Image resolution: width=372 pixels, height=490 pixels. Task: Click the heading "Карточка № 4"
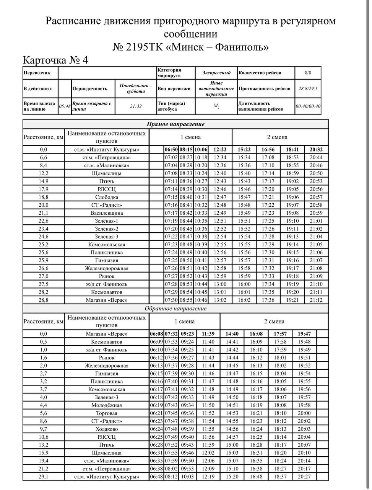coord(55,60)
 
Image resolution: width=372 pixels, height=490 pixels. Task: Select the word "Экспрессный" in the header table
coord(216,73)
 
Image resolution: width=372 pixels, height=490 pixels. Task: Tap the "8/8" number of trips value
coord(308,73)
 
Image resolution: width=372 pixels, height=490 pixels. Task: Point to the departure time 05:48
coord(65,106)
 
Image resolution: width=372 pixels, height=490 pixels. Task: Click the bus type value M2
coord(216,106)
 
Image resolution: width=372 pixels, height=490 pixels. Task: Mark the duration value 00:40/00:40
coord(308,106)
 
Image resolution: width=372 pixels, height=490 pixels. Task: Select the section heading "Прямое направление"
coord(175,124)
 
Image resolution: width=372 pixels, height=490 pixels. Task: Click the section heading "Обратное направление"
coord(175,309)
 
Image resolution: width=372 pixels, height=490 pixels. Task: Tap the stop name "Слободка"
coord(106,197)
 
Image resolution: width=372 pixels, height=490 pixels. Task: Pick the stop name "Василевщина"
coord(106,213)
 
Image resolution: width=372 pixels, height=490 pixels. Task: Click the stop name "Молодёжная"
coord(106,405)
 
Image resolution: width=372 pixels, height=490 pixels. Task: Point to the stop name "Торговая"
coord(106,413)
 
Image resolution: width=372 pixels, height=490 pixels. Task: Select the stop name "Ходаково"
coord(106,429)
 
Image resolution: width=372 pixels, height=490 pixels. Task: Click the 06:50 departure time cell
coord(172,150)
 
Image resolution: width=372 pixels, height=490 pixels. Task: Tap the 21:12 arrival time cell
coord(316,300)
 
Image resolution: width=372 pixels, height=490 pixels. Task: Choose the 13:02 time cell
coord(220,300)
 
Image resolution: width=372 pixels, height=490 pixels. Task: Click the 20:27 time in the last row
coord(304,477)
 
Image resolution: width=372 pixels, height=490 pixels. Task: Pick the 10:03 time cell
coord(187,477)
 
